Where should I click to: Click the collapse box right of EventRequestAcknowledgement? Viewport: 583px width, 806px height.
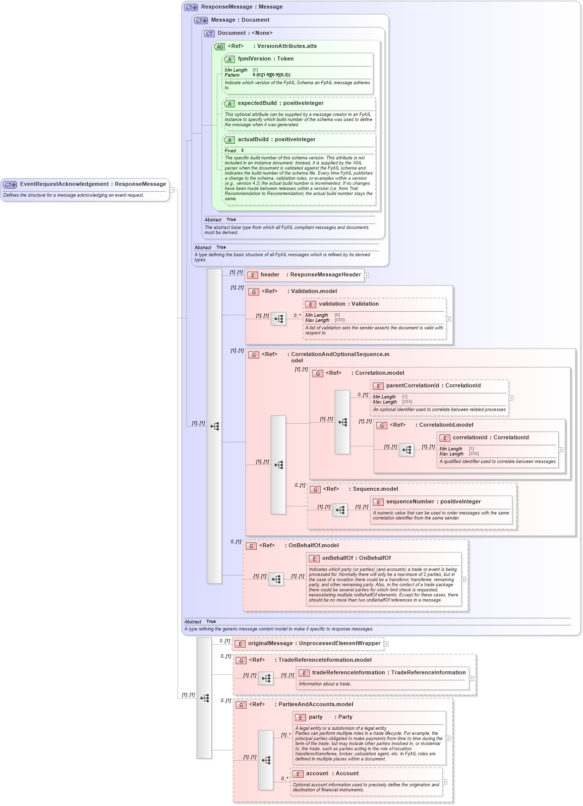(x=172, y=190)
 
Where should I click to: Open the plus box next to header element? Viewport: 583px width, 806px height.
(x=367, y=275)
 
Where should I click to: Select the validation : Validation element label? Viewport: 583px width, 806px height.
(x=348, y=304)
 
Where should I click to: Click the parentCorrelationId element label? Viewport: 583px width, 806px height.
(x=433, y=386)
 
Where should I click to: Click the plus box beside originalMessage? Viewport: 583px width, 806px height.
(x=386, y=644)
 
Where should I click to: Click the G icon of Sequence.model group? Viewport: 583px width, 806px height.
(x=315, y=490)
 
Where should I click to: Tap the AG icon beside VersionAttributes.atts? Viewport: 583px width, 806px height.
(x=219, y=47)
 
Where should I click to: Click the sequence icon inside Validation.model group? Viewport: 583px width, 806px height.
(x=278, y=319)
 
